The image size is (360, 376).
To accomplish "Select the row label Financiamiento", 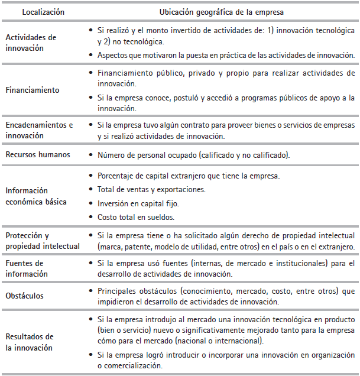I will [33, 90].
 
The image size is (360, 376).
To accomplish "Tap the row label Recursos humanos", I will [38, 155].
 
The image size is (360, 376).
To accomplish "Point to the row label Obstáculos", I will [25, 295].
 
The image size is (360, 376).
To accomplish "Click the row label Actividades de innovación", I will [31, 43].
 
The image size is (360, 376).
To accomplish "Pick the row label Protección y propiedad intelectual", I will [43, 241].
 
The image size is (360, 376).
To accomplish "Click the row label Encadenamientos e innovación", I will [39, 130].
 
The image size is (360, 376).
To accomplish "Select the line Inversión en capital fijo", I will [138, 203].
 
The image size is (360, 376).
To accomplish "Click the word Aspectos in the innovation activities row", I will [113, 56].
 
